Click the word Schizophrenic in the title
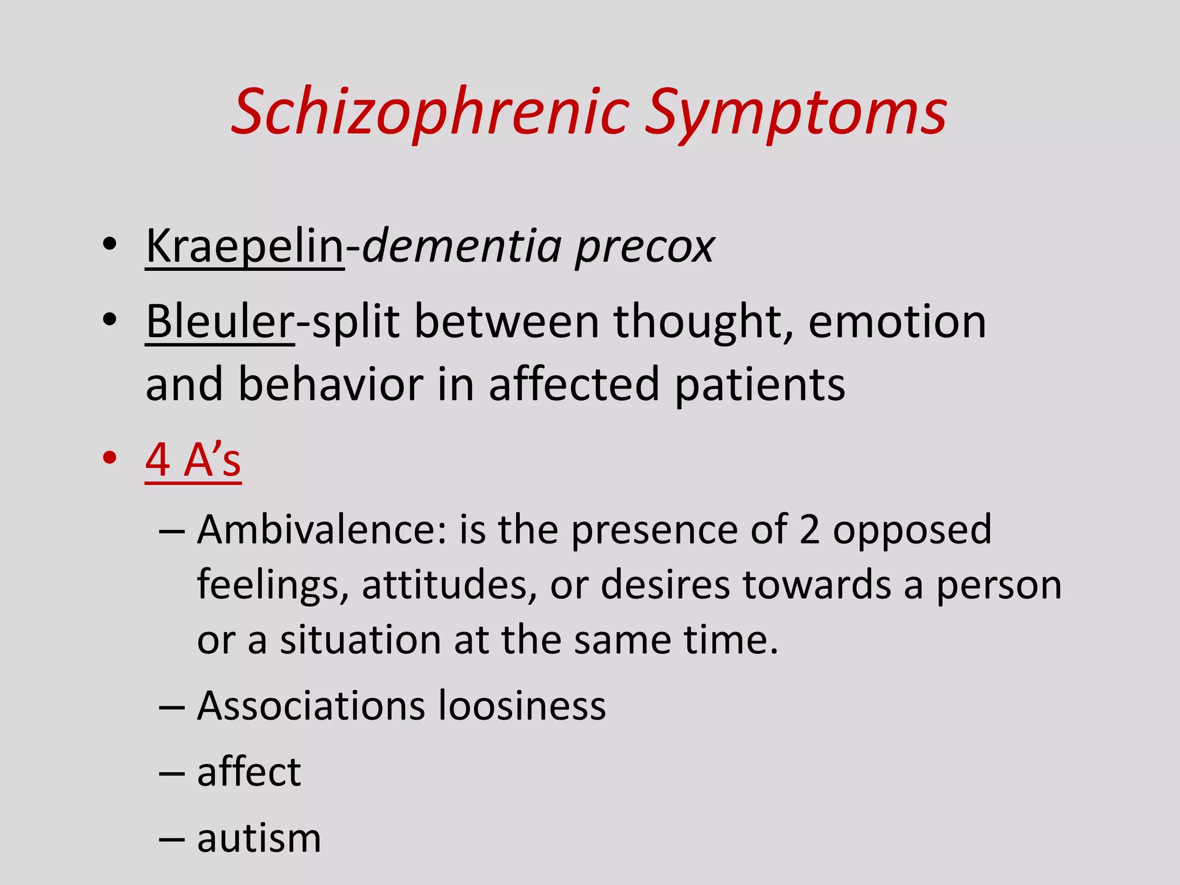pos(430,112)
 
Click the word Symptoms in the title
pos(795,112)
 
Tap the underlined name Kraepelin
pos(245,247)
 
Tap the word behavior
pos(331,384)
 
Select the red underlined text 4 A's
pos(193,460)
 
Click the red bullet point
pos(109,458)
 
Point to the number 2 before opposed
pos(809,530)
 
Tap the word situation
pos(360,640)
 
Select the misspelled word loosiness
pos(521,706)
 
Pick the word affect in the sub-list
pos(249,772)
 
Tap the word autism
pos(259,838)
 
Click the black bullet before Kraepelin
pos(109,244)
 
